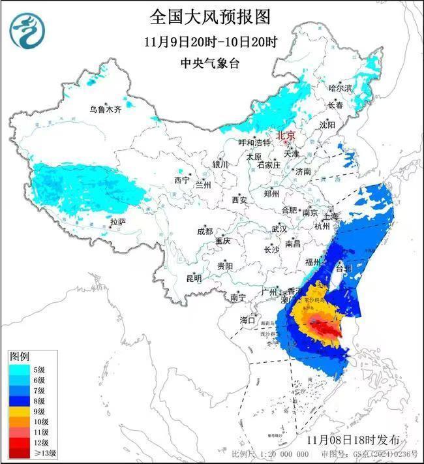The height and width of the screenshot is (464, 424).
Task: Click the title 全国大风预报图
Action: point(210,16)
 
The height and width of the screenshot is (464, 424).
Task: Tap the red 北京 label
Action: point(286,135)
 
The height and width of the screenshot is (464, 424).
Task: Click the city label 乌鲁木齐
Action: point(106,109)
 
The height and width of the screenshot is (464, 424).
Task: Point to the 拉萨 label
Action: point(117,222)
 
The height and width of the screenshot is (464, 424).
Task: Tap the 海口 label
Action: point(248,320)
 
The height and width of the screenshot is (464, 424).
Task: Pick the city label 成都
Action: point(205,231)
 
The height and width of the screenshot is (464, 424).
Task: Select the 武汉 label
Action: point(279,229)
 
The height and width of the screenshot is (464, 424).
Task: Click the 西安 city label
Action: point(239,200)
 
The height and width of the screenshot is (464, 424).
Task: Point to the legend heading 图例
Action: point(19,357)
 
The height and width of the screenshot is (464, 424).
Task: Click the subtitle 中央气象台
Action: point(210,63)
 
